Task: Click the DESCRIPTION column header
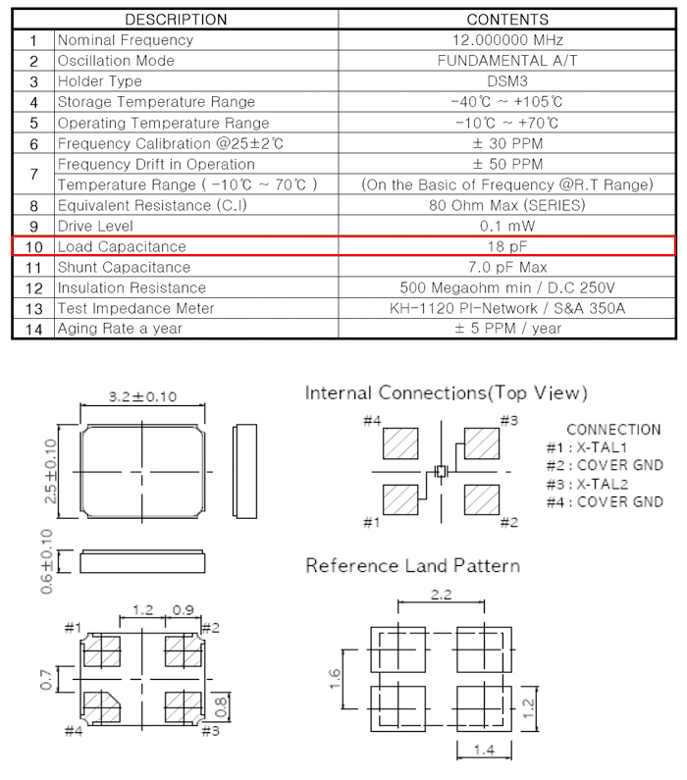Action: (176, 20)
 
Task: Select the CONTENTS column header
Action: (506, 20)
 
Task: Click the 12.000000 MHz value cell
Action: (506, 40)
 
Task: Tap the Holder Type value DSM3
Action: (506, 81)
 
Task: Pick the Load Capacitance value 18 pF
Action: (506, 246)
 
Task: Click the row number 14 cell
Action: (33, 329)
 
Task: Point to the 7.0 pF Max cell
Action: (506, 267)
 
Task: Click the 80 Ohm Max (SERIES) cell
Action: (506, 205)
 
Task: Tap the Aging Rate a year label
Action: (120, 329)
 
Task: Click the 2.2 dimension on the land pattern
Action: (442, 595)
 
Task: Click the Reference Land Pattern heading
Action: (413, 566)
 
